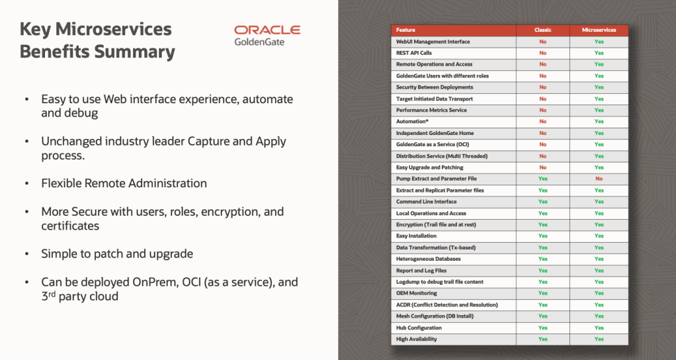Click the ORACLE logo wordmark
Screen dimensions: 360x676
pos(267,30)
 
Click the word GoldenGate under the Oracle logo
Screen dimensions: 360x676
pos(259,42)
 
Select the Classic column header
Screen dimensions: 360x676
pos(542,30)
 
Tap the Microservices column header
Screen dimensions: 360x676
pos(599,30)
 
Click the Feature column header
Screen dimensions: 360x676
pos(406,30)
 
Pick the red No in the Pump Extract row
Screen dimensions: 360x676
pos(599,179)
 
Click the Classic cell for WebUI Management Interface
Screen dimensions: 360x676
pos(542,42)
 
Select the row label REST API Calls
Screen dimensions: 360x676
pos(413,53)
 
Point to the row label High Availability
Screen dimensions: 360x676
pos(416,339)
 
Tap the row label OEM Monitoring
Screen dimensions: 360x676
pos(416,293)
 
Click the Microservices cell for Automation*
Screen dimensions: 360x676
pos(599,122)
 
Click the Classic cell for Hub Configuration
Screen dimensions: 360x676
pos(542,328)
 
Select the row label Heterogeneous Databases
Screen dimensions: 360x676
pos(428,259)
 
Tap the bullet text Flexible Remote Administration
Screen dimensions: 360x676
pos(124,183)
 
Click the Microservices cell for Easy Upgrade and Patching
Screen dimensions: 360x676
pos(599,167)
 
